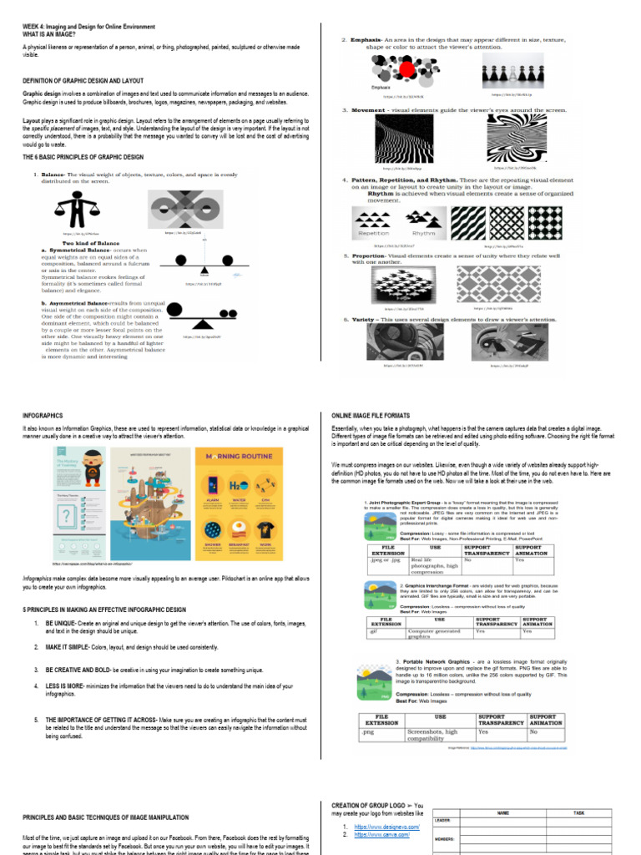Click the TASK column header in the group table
578,812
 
